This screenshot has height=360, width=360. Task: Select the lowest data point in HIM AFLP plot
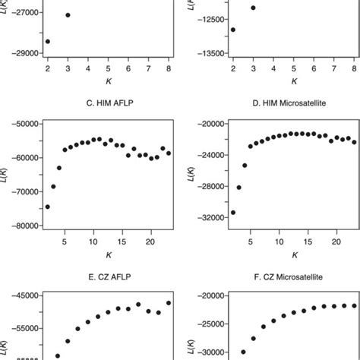(47, 207)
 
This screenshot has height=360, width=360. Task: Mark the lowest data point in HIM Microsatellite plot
(233, 212)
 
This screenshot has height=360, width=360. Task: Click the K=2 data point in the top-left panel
(47, 41)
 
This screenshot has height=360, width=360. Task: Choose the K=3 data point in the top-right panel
(253, 8)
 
